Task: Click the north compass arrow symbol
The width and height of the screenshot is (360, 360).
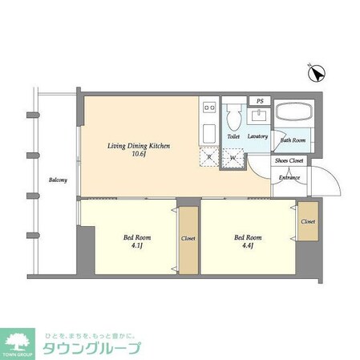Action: click(317, 75)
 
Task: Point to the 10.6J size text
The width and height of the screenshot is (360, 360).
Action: click(140, 156)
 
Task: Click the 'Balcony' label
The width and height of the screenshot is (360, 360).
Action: click(57, 180)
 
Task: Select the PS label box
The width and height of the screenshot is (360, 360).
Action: click(259, 100)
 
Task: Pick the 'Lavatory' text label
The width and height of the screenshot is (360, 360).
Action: click(257, 136)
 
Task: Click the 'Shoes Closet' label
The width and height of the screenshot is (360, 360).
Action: click(289, 160)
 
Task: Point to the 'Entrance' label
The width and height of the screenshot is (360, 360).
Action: click(289, 177)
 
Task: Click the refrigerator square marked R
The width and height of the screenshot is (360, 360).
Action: click(210, 157)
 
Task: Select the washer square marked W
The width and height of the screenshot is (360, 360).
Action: click(233, 157)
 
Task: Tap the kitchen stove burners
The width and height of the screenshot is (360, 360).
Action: click(210, 107)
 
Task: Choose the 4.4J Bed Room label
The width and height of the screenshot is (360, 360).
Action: click(248, 241)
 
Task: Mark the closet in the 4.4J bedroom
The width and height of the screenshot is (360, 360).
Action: click(308, 221)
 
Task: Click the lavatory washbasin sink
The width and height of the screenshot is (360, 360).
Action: click(259, 117)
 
